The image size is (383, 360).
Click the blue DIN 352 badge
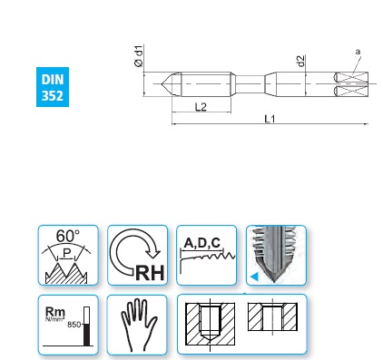(53, 87)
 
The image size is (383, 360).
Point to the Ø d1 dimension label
(139, 56)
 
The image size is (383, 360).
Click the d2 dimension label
(300, 61)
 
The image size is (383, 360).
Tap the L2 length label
(201, 107)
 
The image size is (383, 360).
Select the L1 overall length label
(270, 119)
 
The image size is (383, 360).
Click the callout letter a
(358, 52)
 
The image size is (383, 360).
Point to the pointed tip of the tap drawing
(162, 83)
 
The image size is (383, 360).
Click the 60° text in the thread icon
(68, 236)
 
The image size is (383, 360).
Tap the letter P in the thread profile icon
(66, 253)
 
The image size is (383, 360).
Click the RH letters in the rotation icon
(150, 273)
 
